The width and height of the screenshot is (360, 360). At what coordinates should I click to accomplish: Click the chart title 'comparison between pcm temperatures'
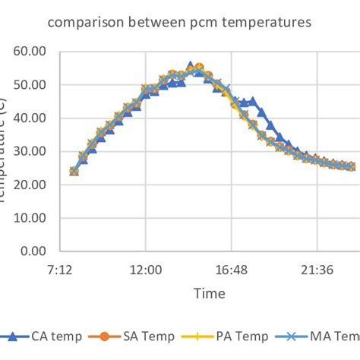tap(179, 23)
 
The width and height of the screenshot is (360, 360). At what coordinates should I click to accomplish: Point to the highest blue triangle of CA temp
tap(190, 67)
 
